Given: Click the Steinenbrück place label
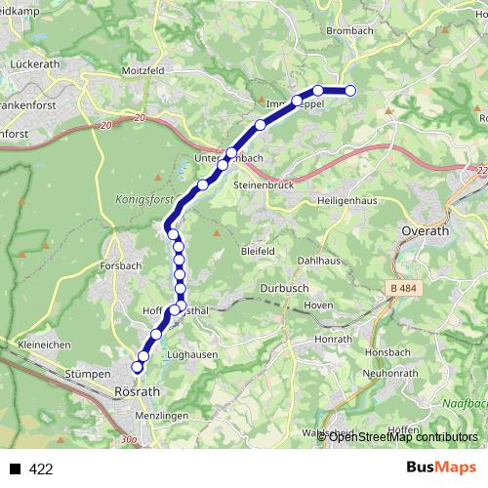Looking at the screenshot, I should [264, 184].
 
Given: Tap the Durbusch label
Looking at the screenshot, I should [285, 288].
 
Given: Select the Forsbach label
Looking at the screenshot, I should [121, 265].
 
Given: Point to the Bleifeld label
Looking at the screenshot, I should [257, 251].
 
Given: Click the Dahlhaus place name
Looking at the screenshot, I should [318, 262].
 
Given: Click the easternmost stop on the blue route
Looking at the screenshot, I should [350, 92].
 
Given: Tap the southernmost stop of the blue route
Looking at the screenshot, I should [137, 367].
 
